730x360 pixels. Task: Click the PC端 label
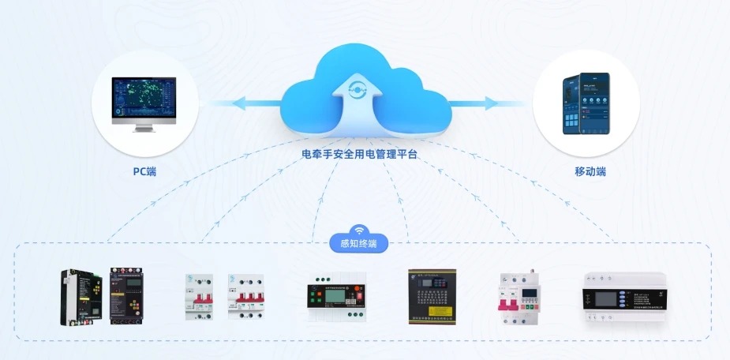[x=144, y=171]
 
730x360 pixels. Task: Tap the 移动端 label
[x=590, y=171]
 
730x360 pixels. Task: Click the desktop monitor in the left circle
[x=144, y=98]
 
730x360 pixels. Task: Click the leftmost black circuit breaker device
[x=80, y=298]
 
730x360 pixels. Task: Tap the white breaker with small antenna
[x=518, y=299]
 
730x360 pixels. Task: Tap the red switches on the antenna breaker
[x=507, y=304]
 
